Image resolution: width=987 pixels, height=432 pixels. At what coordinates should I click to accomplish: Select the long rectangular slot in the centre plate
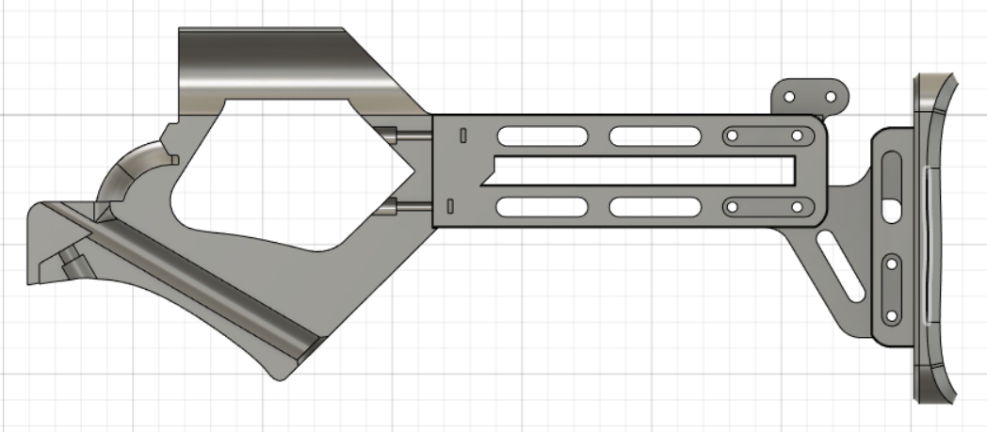(x=640, y=170)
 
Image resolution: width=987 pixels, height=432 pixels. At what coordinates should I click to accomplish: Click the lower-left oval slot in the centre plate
(x=540, y=206)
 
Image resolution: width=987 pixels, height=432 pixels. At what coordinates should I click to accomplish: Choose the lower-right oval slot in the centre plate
(x=651, y=206)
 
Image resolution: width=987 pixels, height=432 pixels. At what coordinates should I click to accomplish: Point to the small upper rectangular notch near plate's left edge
(x=462, y=136)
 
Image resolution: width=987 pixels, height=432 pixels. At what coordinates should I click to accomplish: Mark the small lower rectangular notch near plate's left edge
(x=450, y=205)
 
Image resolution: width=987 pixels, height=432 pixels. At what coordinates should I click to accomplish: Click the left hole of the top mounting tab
(x=791, y=97)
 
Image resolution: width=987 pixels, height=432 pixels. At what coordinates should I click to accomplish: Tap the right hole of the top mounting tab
(x=831, y=97)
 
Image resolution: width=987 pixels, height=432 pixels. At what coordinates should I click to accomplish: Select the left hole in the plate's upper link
(x=731, y=136)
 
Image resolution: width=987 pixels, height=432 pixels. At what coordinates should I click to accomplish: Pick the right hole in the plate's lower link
(x=797, y=206)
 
